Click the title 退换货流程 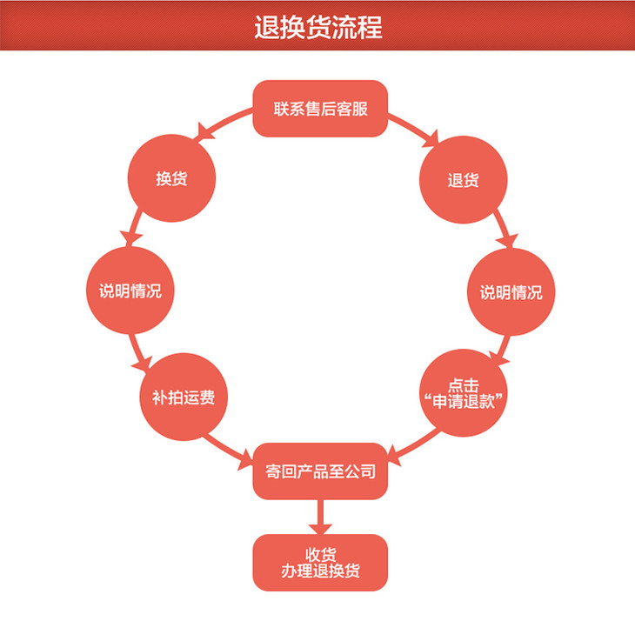(317, 26)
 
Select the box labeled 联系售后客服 (319, 110)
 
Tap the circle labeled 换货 (171, 179)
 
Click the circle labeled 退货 (463, 180)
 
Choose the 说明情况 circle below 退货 (511, 292)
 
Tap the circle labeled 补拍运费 (184, 397)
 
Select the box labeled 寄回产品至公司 (319, 471)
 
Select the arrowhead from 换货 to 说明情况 (131, 237)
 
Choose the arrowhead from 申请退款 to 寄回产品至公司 (393, 455)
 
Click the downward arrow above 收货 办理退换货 (319, 526)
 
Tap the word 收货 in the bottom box (319, 554)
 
